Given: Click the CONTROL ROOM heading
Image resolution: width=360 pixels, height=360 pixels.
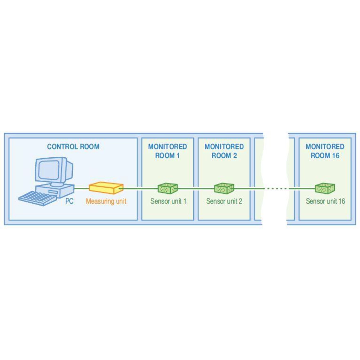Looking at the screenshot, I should click(73, 147).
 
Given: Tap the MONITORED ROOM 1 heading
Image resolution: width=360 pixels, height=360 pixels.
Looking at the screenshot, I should click(167, 151).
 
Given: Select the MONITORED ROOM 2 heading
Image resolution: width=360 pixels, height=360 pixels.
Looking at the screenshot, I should click(224, 151).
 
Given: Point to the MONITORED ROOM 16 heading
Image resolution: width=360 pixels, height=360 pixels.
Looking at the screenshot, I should click(325, 151).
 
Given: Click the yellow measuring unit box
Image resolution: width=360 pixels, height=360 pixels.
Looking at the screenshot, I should click(106, 188).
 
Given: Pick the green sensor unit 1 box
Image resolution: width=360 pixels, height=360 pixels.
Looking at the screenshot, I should click(168, 188).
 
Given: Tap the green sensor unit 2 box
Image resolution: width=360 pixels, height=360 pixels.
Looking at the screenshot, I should click(224, 188).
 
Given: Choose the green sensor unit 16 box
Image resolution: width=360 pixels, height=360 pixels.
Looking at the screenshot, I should click(325, 188).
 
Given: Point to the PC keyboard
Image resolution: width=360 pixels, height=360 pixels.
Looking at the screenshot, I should click(38, 198).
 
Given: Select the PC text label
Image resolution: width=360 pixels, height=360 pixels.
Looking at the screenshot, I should click(69, 201).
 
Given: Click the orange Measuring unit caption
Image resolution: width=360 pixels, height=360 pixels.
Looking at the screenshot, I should click(106, 201).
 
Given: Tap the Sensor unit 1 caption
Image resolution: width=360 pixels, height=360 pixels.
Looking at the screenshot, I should click(168, 201).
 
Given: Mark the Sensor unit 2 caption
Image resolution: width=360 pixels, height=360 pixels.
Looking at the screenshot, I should click(224, 201).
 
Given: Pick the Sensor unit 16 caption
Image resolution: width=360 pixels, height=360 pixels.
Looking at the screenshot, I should click(325, 201).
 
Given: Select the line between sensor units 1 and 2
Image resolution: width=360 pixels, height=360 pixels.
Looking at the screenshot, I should click(196, 188).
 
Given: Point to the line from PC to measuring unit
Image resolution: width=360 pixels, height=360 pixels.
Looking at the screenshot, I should click(82, 188).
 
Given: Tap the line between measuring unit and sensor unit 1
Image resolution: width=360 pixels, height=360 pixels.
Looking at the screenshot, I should click(140, 188).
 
